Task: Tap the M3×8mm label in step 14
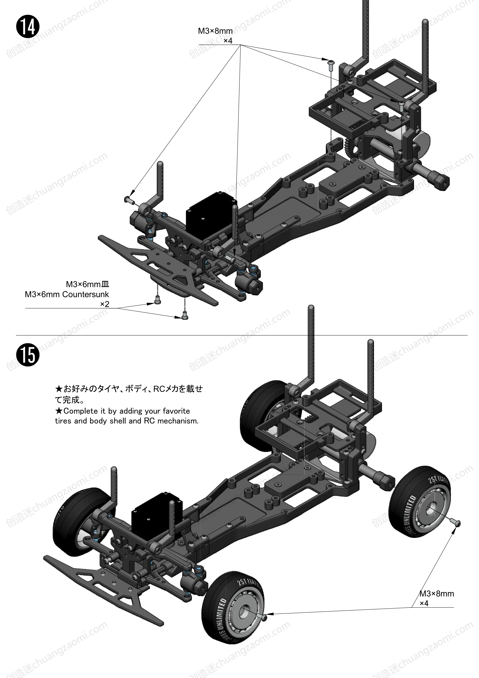[215, 31]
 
